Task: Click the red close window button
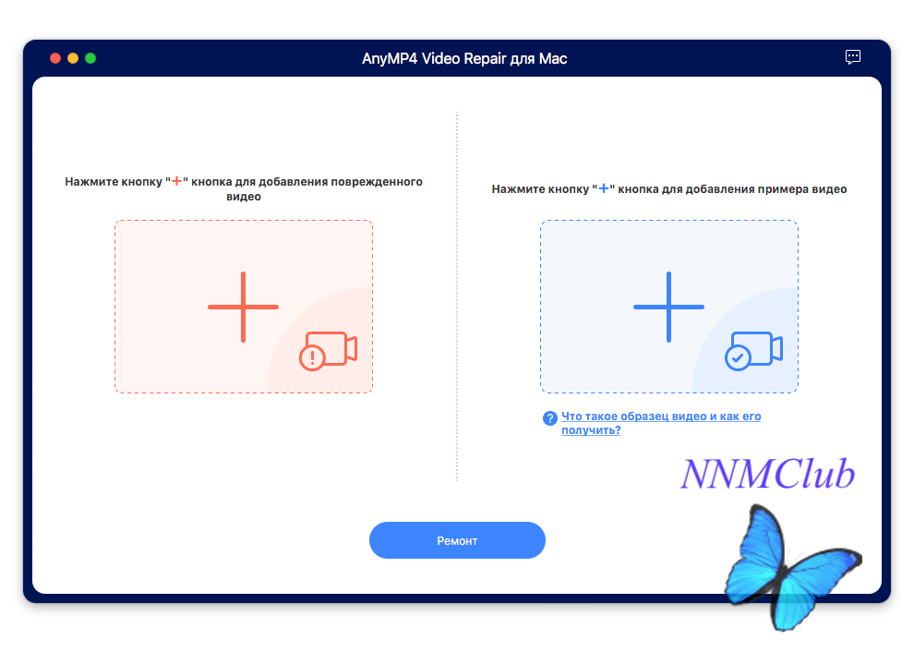55,58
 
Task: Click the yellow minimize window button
73,58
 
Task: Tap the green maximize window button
90,58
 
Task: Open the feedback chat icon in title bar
853,57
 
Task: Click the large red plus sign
243,307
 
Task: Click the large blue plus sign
668,307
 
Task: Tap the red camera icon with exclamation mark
328,351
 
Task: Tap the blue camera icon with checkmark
753,351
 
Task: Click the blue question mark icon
549,418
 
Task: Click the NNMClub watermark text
768,474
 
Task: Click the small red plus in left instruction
176,181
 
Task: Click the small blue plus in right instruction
603,188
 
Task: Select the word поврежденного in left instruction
377,182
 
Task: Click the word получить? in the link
591,430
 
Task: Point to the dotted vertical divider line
457,296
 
